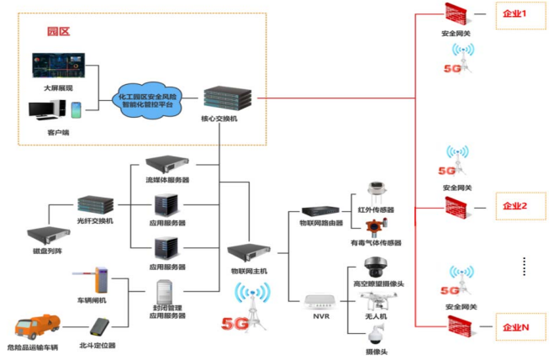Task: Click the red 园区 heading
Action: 58,31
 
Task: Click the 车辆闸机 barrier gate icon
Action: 101,277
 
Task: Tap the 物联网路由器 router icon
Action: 319,211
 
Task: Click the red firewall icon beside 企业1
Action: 459,13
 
